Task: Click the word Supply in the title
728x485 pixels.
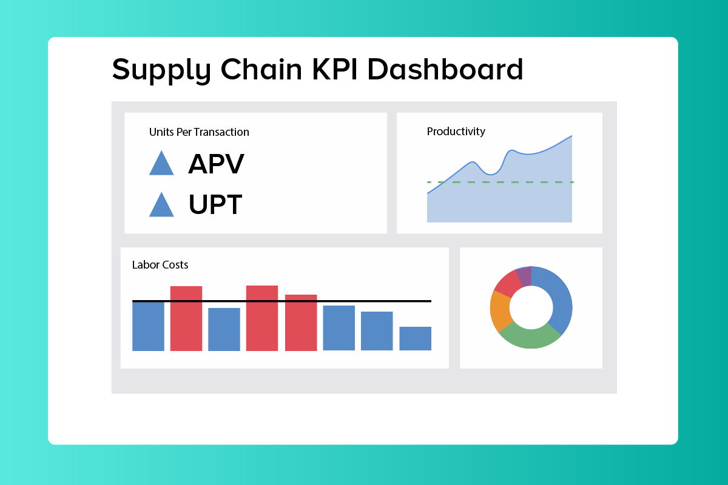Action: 161,70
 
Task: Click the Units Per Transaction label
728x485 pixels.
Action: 199,132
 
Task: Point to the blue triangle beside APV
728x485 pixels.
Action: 161,164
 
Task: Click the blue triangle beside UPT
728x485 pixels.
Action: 161,206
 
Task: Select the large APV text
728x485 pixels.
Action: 216,164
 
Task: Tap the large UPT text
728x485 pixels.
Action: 215,205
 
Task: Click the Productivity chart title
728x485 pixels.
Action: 456,131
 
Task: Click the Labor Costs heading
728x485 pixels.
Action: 160,264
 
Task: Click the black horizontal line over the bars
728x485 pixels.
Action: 364,301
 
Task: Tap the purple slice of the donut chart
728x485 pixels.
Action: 524,277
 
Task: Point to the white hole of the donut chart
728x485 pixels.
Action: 531,308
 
